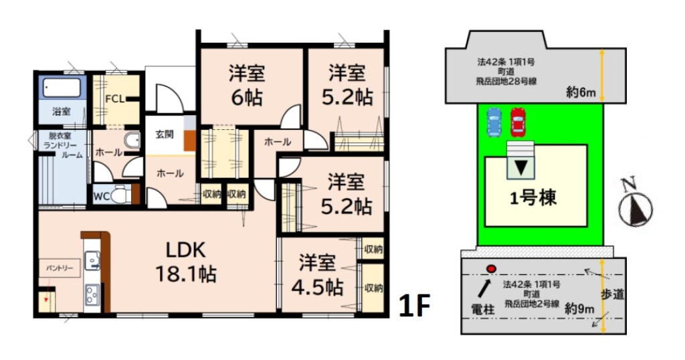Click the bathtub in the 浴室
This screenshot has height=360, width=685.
click(x=62, y=88)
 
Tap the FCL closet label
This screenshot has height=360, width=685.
click(x=115, y=99)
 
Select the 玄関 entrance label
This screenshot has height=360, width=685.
click(x=165, y=134)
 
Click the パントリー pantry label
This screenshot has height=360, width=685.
click(x=60, y=268)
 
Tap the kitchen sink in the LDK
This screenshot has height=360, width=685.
click(x=92, y=261)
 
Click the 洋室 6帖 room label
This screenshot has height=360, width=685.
click(x=247, y=86)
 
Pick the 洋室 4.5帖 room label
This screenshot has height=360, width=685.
click(x=318, y=275)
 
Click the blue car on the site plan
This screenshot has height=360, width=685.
click(x=494, y=122)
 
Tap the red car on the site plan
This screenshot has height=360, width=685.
click(x=518, y=122)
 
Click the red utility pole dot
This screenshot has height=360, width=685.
click(x=492, y=269)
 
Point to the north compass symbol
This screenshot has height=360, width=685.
click(x=635, y=207)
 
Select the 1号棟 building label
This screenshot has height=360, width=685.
click(x=533, y=199)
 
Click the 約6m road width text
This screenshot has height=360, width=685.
click(x=581, y=92)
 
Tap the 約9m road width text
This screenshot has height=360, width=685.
click(x=579, y=308)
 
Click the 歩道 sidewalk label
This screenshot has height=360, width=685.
click(x=612, y=294)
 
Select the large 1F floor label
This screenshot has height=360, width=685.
click(x=415, y=305)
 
